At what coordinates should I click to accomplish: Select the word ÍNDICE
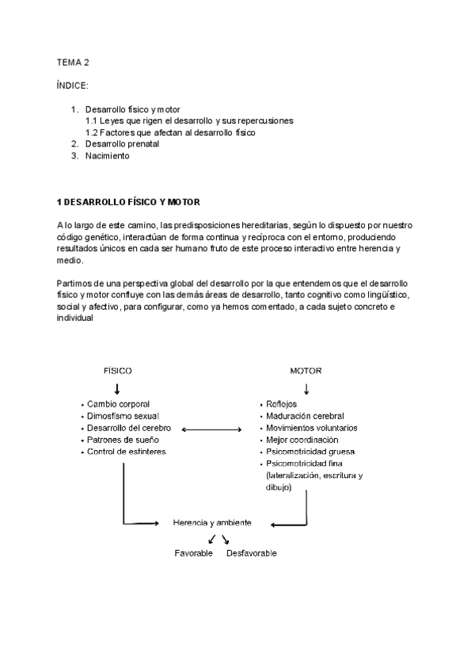pyautogui.click(x=73, y=85)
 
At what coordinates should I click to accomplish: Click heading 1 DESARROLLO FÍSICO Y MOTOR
pyautogui.click(x=127, y=202)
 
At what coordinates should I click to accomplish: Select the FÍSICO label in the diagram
pyautogui.click(x=118, y=371)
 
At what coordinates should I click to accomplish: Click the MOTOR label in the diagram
pyautogui.click(x=306, y=371)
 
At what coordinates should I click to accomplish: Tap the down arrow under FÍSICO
pyautogui.click(x=117, y=389)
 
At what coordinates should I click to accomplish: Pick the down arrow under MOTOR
pyautogui.click(x=306, y=389)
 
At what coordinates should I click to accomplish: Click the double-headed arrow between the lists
pyautogui.click(x=211, y=429)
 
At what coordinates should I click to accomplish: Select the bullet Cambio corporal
pyautogui.click(x=118, y=404)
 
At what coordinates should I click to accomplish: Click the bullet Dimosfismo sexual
pyautogui.click(x=123, y=416)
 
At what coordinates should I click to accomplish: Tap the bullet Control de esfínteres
pyautogui.click(x=127, y=452)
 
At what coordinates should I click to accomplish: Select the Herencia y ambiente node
pyautogui.click(x=212, y=523)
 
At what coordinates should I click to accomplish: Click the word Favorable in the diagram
pyautogui.click(x=194, y=553)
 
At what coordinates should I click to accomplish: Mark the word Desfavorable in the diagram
pyautogui.click(x=251, y=553)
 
